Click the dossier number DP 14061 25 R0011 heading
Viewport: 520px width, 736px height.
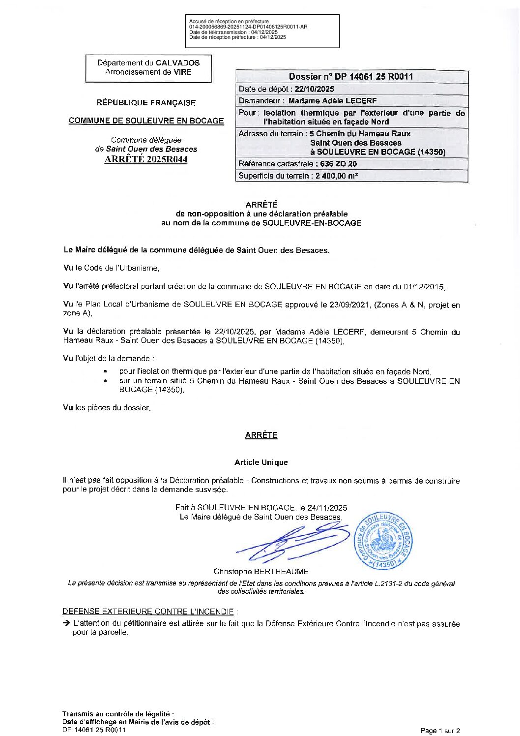[x=351, y=77]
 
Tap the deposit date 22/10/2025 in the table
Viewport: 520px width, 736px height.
[x=314, y=89]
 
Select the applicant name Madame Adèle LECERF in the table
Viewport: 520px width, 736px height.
[x=332, y=101]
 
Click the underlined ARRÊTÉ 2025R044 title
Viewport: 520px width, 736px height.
[x=146, y=159]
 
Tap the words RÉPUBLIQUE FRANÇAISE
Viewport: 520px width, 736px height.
[x=146, y=103]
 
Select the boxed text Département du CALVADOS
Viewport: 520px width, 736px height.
[x=148, y=63]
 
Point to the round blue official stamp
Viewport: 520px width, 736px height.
[x=383, y=541]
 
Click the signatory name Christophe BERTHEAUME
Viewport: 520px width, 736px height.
[x=261, y=572]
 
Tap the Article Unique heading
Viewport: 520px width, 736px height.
[x=261, y=462]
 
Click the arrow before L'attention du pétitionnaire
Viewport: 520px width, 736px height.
[x=66, y=623]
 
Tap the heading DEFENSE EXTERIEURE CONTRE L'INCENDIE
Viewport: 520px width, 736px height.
[x=148, y=612]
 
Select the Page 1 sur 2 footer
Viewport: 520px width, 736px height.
[x=440, y=731]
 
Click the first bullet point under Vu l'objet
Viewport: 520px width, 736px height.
[x=106, y=372]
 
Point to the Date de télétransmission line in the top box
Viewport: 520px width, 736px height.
[x=233, y=32]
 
